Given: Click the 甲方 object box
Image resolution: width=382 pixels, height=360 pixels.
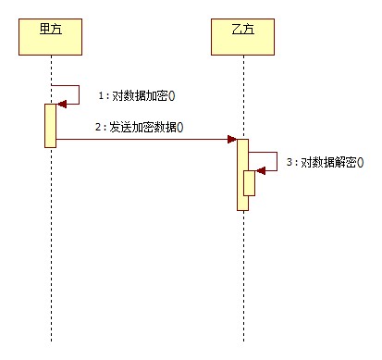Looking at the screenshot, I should (50, 35).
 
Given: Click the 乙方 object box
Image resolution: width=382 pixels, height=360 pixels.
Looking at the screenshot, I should (241, 35).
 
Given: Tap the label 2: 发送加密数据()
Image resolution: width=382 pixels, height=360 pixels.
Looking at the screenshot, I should (138, 127).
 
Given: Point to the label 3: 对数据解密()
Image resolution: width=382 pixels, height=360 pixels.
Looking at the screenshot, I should (324, 162).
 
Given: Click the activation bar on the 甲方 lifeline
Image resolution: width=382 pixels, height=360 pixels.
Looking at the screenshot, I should (51, 124).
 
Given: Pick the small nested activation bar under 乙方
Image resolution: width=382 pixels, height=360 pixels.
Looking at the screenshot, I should (250, 183).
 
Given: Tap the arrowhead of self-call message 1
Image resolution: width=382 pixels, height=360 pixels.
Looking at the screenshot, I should (61, 104).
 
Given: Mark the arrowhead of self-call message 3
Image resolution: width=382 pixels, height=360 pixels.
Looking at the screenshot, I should (260, 170).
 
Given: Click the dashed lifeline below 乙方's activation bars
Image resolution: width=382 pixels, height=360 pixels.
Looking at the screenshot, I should (242, 278).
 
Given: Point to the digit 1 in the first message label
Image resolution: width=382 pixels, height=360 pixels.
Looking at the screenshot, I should (100, 96).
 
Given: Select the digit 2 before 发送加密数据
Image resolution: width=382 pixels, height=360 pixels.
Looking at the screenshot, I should (96, 127).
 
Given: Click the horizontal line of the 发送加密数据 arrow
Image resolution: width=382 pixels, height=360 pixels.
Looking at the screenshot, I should (139, 140).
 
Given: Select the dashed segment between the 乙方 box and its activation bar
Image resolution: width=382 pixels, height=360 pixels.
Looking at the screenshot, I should (242, 93).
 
